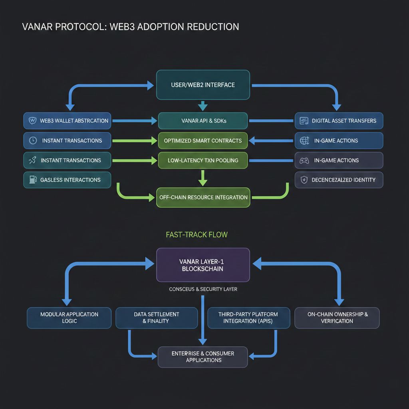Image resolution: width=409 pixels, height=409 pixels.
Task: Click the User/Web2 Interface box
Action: click(x=203, y=85)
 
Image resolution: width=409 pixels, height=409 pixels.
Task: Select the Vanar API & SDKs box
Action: click(x=203, y=121)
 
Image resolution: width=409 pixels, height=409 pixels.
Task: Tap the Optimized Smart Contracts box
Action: click(x=203, y=141)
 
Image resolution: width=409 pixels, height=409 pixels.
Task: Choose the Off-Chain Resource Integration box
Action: click(x=203, y=197)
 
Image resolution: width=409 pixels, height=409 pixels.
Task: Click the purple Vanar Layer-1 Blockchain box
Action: click(x=203, y=265)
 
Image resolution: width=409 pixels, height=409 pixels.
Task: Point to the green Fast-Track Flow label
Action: click(x=197, y=234)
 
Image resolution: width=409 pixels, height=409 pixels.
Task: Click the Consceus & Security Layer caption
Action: click(x=203, y=289)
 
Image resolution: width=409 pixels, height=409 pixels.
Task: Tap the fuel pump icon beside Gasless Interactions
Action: click(x=32, y=180)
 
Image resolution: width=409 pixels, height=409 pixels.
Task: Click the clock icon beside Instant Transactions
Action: click(x=33, y=141)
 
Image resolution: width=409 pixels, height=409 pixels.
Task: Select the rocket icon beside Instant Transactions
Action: click(x=32, y=160)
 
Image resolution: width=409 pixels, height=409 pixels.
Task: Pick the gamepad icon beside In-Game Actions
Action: click(x=304, y=160)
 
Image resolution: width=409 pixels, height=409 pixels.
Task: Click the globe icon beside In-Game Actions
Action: click(x=304, y=141)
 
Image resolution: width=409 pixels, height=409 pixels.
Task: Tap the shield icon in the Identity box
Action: click(x=304, y=180)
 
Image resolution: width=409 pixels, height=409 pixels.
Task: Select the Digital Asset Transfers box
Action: click(x=339, y=121)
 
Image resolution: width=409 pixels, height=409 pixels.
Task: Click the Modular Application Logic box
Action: click(x=69, y=318)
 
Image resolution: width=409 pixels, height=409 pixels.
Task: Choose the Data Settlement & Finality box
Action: click(x=157, y=318)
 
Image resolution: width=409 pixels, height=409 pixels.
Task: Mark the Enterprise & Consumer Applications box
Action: click(x=203, y=357)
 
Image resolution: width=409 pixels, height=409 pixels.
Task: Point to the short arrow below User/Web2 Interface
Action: click(x=203, y=105)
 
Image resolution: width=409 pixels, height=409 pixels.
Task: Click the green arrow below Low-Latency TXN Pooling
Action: click(x=203, y=177)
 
